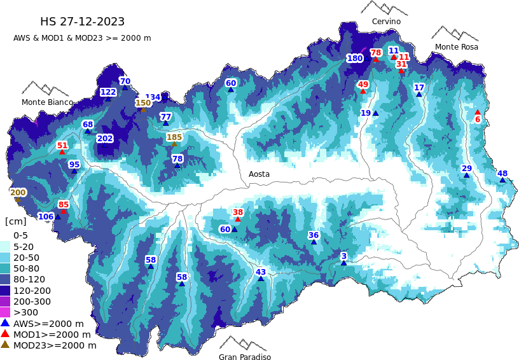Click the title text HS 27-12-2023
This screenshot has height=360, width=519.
coord(82,22)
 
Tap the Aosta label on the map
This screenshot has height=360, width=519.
coord(259,174)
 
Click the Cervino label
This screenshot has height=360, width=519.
coord(386,22)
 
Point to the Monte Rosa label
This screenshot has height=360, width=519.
coord(456,47)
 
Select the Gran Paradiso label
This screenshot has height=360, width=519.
coord(245,357)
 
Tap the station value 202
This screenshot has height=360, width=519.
coord(105,139)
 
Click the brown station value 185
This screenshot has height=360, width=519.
coord(174,137)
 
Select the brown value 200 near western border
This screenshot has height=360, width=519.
coord(18,193)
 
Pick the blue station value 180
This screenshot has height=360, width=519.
coord(355,59)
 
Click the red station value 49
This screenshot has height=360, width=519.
coord(363,84)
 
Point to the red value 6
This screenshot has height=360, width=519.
coord(478,120)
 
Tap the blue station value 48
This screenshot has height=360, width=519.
coord(502,174)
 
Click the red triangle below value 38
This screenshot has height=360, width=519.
coord(238,219)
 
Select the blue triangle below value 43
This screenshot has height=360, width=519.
coord(261,279)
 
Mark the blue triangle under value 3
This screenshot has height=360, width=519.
coord(343,263)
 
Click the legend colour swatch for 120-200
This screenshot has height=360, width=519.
coord(5,290)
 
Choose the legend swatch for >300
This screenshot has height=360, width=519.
coord(5,312)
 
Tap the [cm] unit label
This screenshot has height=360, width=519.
coord(16,221)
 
